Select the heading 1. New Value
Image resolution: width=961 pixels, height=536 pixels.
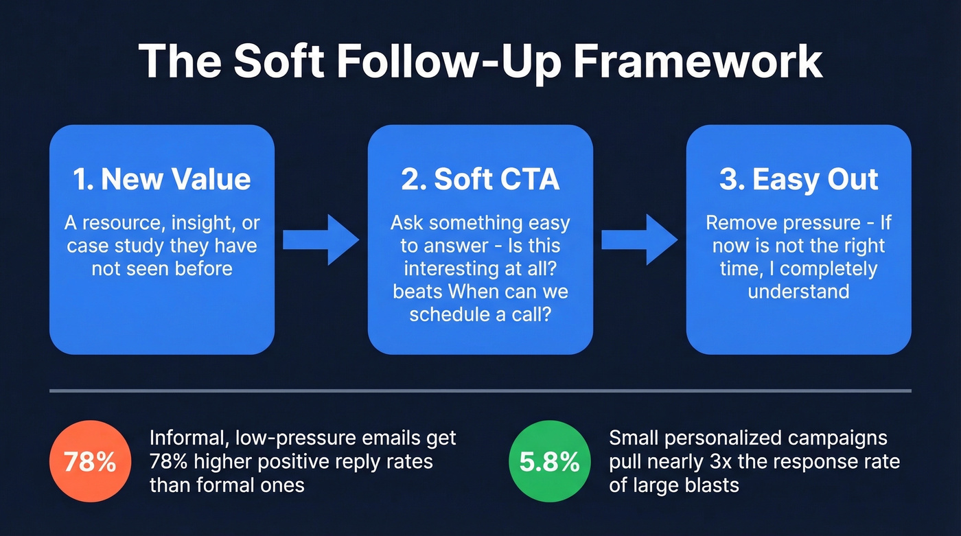click(x=162, y=180)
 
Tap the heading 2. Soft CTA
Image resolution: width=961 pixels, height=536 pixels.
click(x=480, y=180)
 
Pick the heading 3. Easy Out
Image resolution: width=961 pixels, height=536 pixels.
click(x=798, y=180)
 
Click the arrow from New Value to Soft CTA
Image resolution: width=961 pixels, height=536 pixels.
click(x=321, y=240)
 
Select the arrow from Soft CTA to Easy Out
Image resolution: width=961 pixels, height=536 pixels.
click(x=640, y=240)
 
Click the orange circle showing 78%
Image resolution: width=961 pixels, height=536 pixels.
click(x=90, y=462)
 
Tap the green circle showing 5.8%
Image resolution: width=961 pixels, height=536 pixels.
click(x=549, y=462)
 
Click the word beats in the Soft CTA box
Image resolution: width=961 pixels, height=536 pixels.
click(x=417, y=292)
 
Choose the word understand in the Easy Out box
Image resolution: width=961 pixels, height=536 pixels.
click(x=798, y=292)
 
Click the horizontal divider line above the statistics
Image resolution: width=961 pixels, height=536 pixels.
click(x=480, y=391)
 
